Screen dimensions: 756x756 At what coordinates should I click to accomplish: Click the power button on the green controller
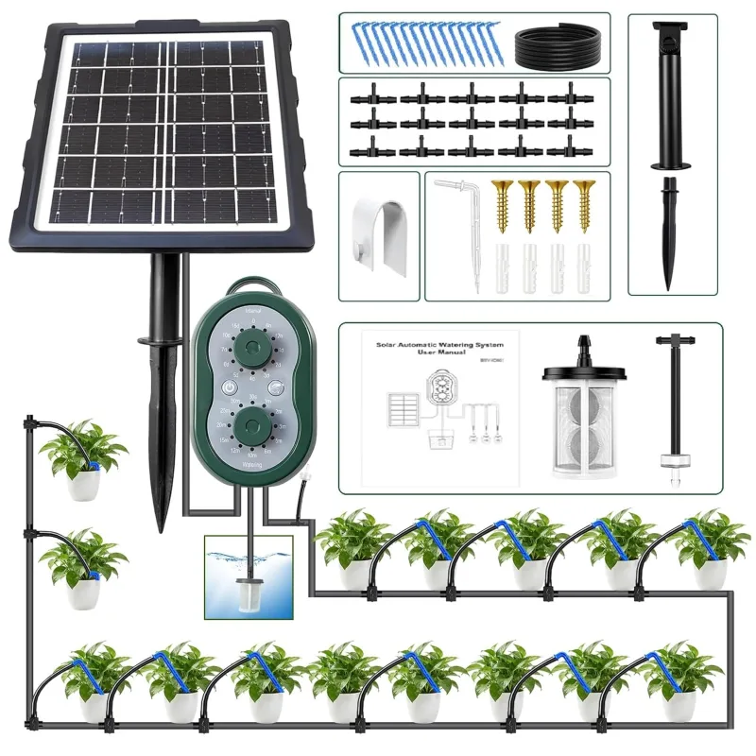[230, 387]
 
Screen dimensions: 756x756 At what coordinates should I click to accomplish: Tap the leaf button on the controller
[275, 387]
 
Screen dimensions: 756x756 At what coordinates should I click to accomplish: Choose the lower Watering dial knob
[252, 424]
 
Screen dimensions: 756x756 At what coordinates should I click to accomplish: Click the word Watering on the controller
[252, 465]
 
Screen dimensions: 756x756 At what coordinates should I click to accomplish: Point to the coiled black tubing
[557, 44]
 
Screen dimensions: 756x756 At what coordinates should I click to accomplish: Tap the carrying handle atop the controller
[252, 284]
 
